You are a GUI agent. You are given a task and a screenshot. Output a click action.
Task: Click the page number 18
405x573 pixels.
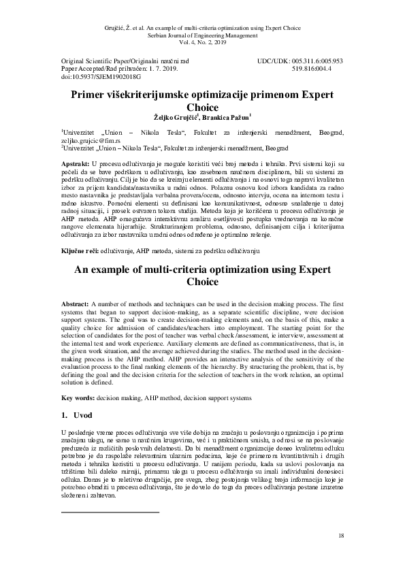(341, 537)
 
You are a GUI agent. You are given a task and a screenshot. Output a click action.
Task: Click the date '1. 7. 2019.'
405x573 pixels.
(162, 69)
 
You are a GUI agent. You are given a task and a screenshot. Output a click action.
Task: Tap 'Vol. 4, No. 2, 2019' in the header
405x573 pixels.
(202, 42)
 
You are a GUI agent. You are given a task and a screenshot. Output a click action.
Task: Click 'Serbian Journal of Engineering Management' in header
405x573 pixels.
(202, 33)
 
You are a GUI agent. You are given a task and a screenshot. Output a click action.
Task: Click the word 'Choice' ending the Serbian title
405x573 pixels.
(202, 107)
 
